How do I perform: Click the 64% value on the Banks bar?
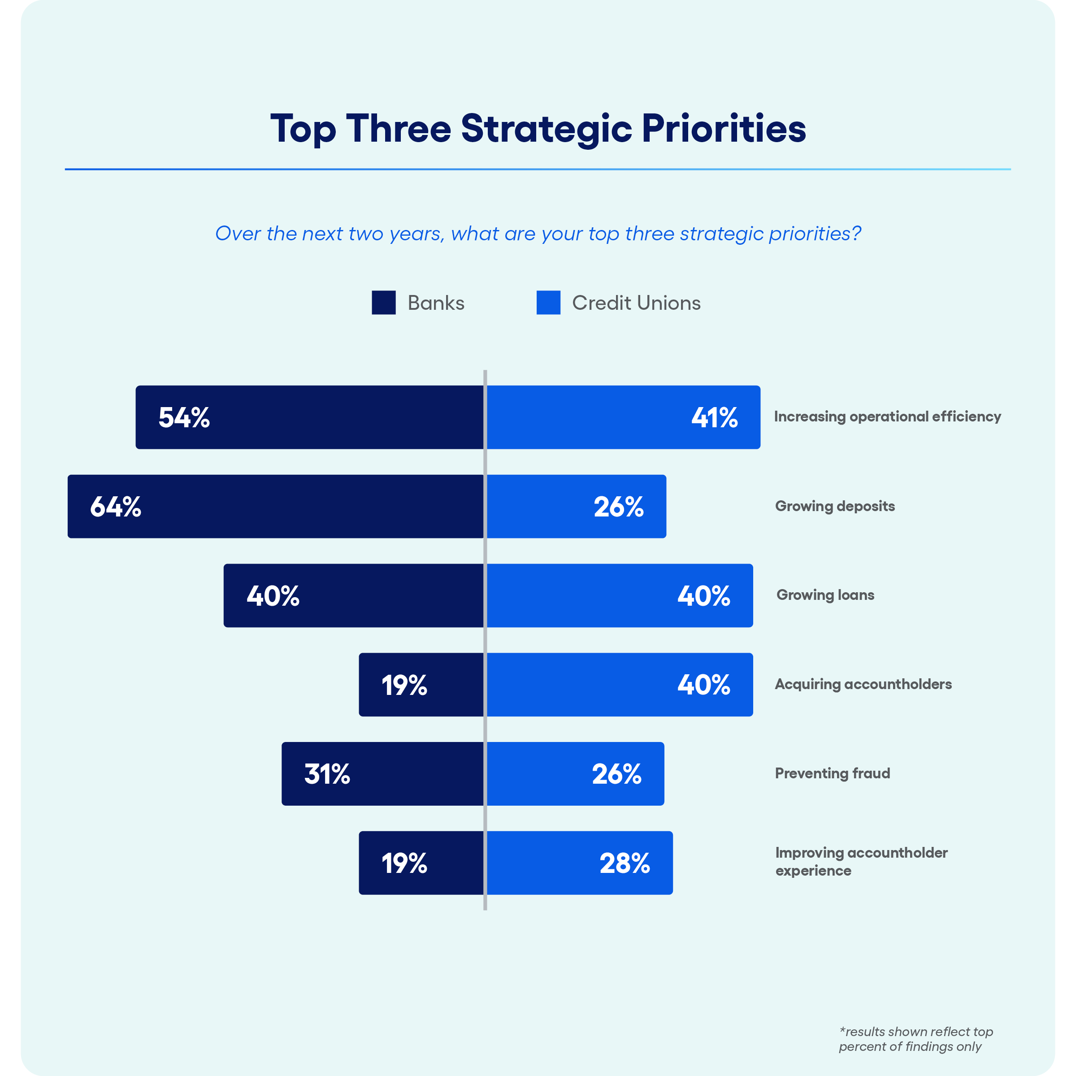point(116,507)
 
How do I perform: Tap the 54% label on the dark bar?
point(184,418)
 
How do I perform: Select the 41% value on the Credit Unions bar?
point(715,418)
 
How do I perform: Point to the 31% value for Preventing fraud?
point(327,774)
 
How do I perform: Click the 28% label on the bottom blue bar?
point(625,863)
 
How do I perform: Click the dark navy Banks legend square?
point(384,303)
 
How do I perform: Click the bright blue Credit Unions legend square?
point(548,303)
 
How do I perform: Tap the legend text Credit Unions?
point(636,303)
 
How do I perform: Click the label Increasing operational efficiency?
point(887,417)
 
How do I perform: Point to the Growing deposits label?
point(835,506)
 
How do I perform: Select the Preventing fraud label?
point(832,773)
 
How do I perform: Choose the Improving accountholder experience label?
point(861,862)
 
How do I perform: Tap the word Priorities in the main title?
point(724,129)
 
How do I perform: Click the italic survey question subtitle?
point(538,233)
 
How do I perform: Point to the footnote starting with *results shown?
point(915,1039)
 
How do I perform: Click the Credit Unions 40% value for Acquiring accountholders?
point(703,685)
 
